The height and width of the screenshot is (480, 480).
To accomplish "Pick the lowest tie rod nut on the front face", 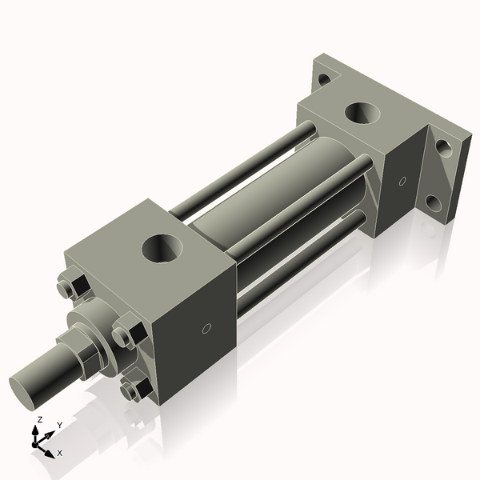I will click(134, 390).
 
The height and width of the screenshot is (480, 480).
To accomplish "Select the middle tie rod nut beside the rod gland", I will click(126, 334).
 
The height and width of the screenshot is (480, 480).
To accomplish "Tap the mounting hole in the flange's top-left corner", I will click(322, 79).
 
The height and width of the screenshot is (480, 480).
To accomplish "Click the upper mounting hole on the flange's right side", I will click(442, 148).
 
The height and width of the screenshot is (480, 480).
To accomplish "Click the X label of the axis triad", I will click(60, 453).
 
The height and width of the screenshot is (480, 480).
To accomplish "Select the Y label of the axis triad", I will click(59, 426).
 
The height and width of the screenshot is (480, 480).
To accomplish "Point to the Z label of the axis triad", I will click(39, 419).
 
